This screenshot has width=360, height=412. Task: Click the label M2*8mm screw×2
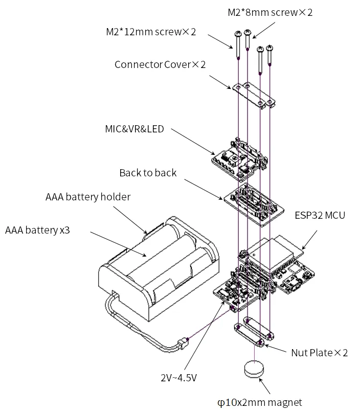pos(270,12)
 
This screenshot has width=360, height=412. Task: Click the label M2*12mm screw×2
pos(151,32)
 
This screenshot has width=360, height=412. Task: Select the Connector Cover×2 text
pos(160,64)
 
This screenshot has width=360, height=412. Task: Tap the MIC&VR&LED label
pos(134,129)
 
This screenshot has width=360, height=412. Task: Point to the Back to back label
pos(148,173)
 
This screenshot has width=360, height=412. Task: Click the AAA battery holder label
pos(87,197)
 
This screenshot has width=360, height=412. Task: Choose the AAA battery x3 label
pos(37,230)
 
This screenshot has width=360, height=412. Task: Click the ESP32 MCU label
pos(320,215)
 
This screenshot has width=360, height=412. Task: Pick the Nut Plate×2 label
pos(320,353)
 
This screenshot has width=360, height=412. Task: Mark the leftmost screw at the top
pos(238,45)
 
